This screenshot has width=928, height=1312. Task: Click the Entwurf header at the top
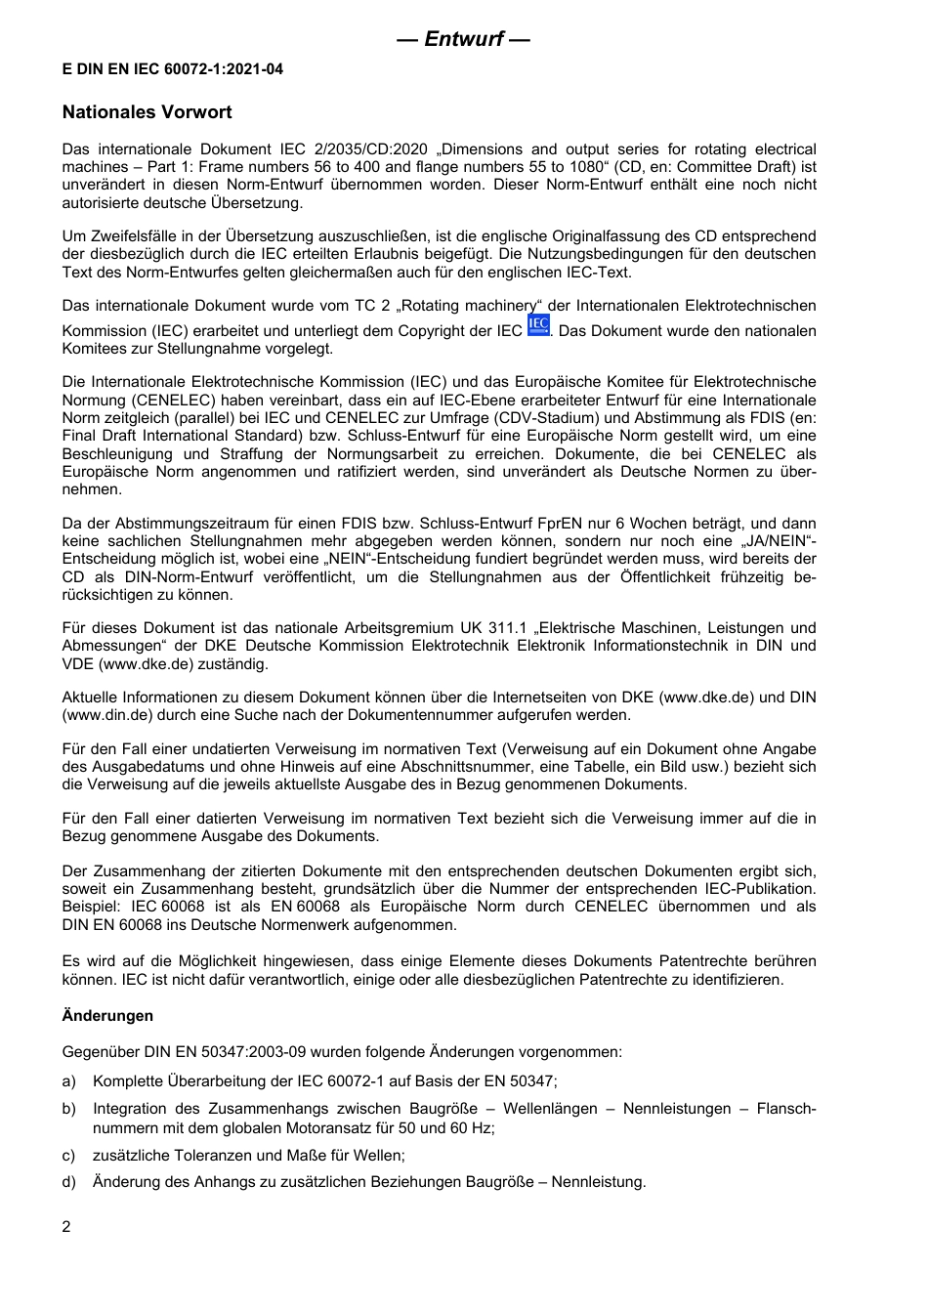[463, 39]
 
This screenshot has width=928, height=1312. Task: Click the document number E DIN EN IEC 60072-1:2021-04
[173, 69]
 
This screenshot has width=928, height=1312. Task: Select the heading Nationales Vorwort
[147, 112]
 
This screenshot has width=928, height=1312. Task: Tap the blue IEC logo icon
[537, 326]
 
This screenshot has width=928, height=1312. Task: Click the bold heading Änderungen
[107, 1016]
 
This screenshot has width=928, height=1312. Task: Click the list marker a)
[68, 1081]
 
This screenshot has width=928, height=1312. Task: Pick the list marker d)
[68, 1182]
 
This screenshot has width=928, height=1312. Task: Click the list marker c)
[68, 1156]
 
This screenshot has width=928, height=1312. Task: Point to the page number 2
[66, 1227]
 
